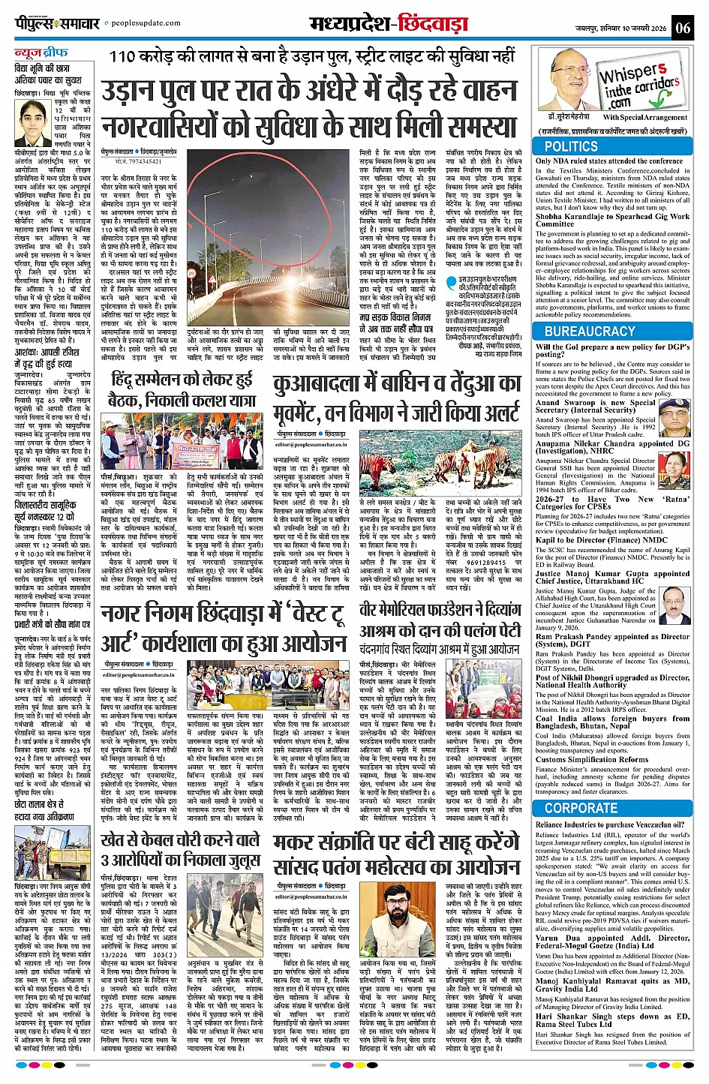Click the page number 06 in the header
682,28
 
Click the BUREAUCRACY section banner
600,331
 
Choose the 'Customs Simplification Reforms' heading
593,759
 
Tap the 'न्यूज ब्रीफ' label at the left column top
41,53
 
